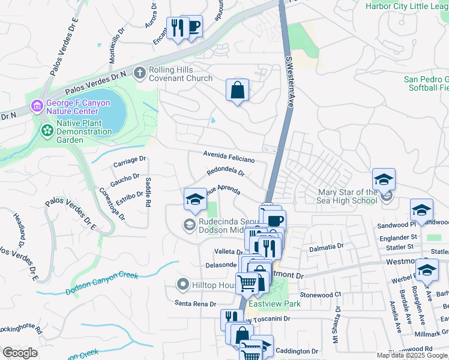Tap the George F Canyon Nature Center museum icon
(x=37, y=106)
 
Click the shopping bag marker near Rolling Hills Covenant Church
(x=238, y=90)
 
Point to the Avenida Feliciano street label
(x=228, y=157)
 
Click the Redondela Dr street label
(x=225, y=172)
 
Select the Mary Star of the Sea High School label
(x=348, y=196)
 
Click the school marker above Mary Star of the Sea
(x=384, y=179)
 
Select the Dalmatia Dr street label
(x=326, y=246)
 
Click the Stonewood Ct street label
(x=321, y=295)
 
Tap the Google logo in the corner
(x=20, y=353)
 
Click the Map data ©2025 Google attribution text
(x=412, y=355)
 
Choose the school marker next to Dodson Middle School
(x=194, y=200)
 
